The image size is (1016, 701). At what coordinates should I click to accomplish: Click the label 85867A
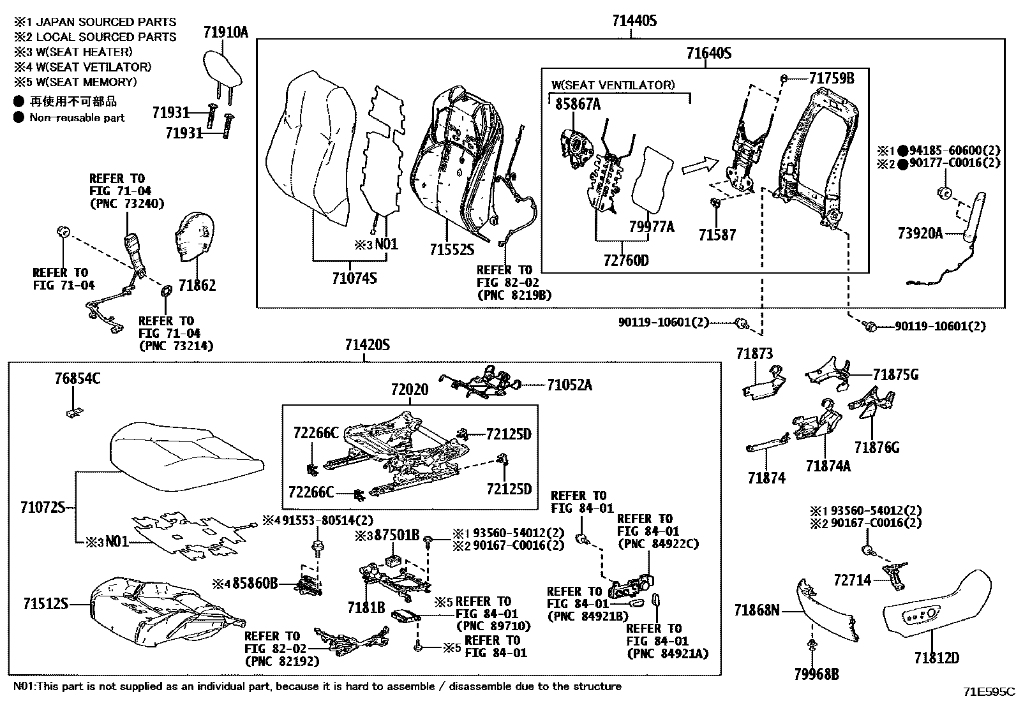[578, 105]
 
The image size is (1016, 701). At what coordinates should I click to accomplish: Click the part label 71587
[717, 235]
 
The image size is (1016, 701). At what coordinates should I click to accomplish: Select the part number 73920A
[920, 233]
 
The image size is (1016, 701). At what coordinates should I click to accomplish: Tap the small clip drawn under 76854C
[75, 411]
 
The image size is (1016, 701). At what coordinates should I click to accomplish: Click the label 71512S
[45, 603]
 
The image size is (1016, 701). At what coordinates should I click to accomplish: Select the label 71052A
[569, 385]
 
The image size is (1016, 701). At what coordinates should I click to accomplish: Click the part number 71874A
[828, 466]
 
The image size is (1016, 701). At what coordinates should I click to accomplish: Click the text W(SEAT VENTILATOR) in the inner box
[613, 85]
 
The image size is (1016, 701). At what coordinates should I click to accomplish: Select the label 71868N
[757, 611]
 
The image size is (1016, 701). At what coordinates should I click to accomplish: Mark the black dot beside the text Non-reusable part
[19, 117]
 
